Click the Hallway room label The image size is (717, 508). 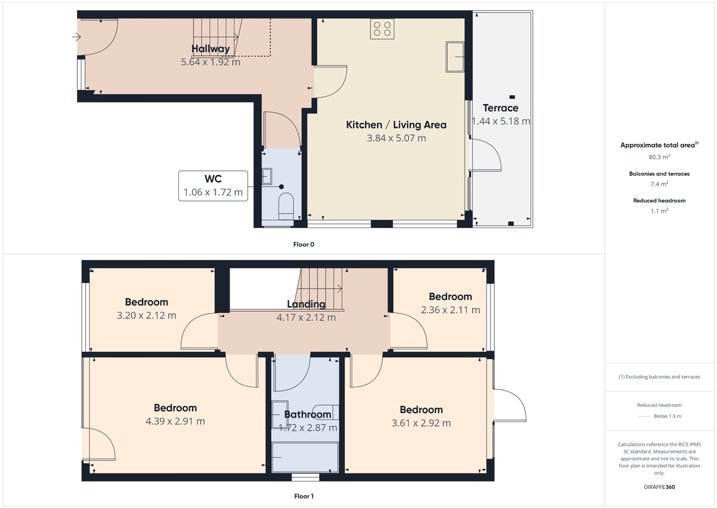coord(210,49)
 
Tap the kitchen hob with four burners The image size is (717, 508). coord(382,29)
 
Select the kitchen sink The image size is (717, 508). coord(455,57)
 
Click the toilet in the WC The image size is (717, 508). coord(286,205)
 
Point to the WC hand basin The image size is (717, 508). coord(267,176)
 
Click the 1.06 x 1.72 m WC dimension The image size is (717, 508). coord(213,192)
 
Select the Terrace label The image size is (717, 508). coord(500,108)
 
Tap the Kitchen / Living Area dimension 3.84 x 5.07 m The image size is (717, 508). coord(396,138)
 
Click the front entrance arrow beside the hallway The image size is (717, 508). coord(76,37)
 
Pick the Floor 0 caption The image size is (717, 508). coord(304,244)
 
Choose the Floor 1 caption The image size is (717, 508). coord(304,496)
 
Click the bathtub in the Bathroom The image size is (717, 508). coord(305,457)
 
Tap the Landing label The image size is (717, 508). coord(306,304)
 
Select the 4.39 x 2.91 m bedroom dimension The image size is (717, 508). coord(175,421)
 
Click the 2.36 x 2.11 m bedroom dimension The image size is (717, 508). coord(451,310)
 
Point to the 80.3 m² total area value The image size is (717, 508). coord(659,157)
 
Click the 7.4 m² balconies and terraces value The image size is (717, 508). coord(659,184)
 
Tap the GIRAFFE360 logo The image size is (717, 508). coord(659,487)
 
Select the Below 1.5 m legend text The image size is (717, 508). coord(667,416)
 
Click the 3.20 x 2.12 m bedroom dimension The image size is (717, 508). coord(146,315)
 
